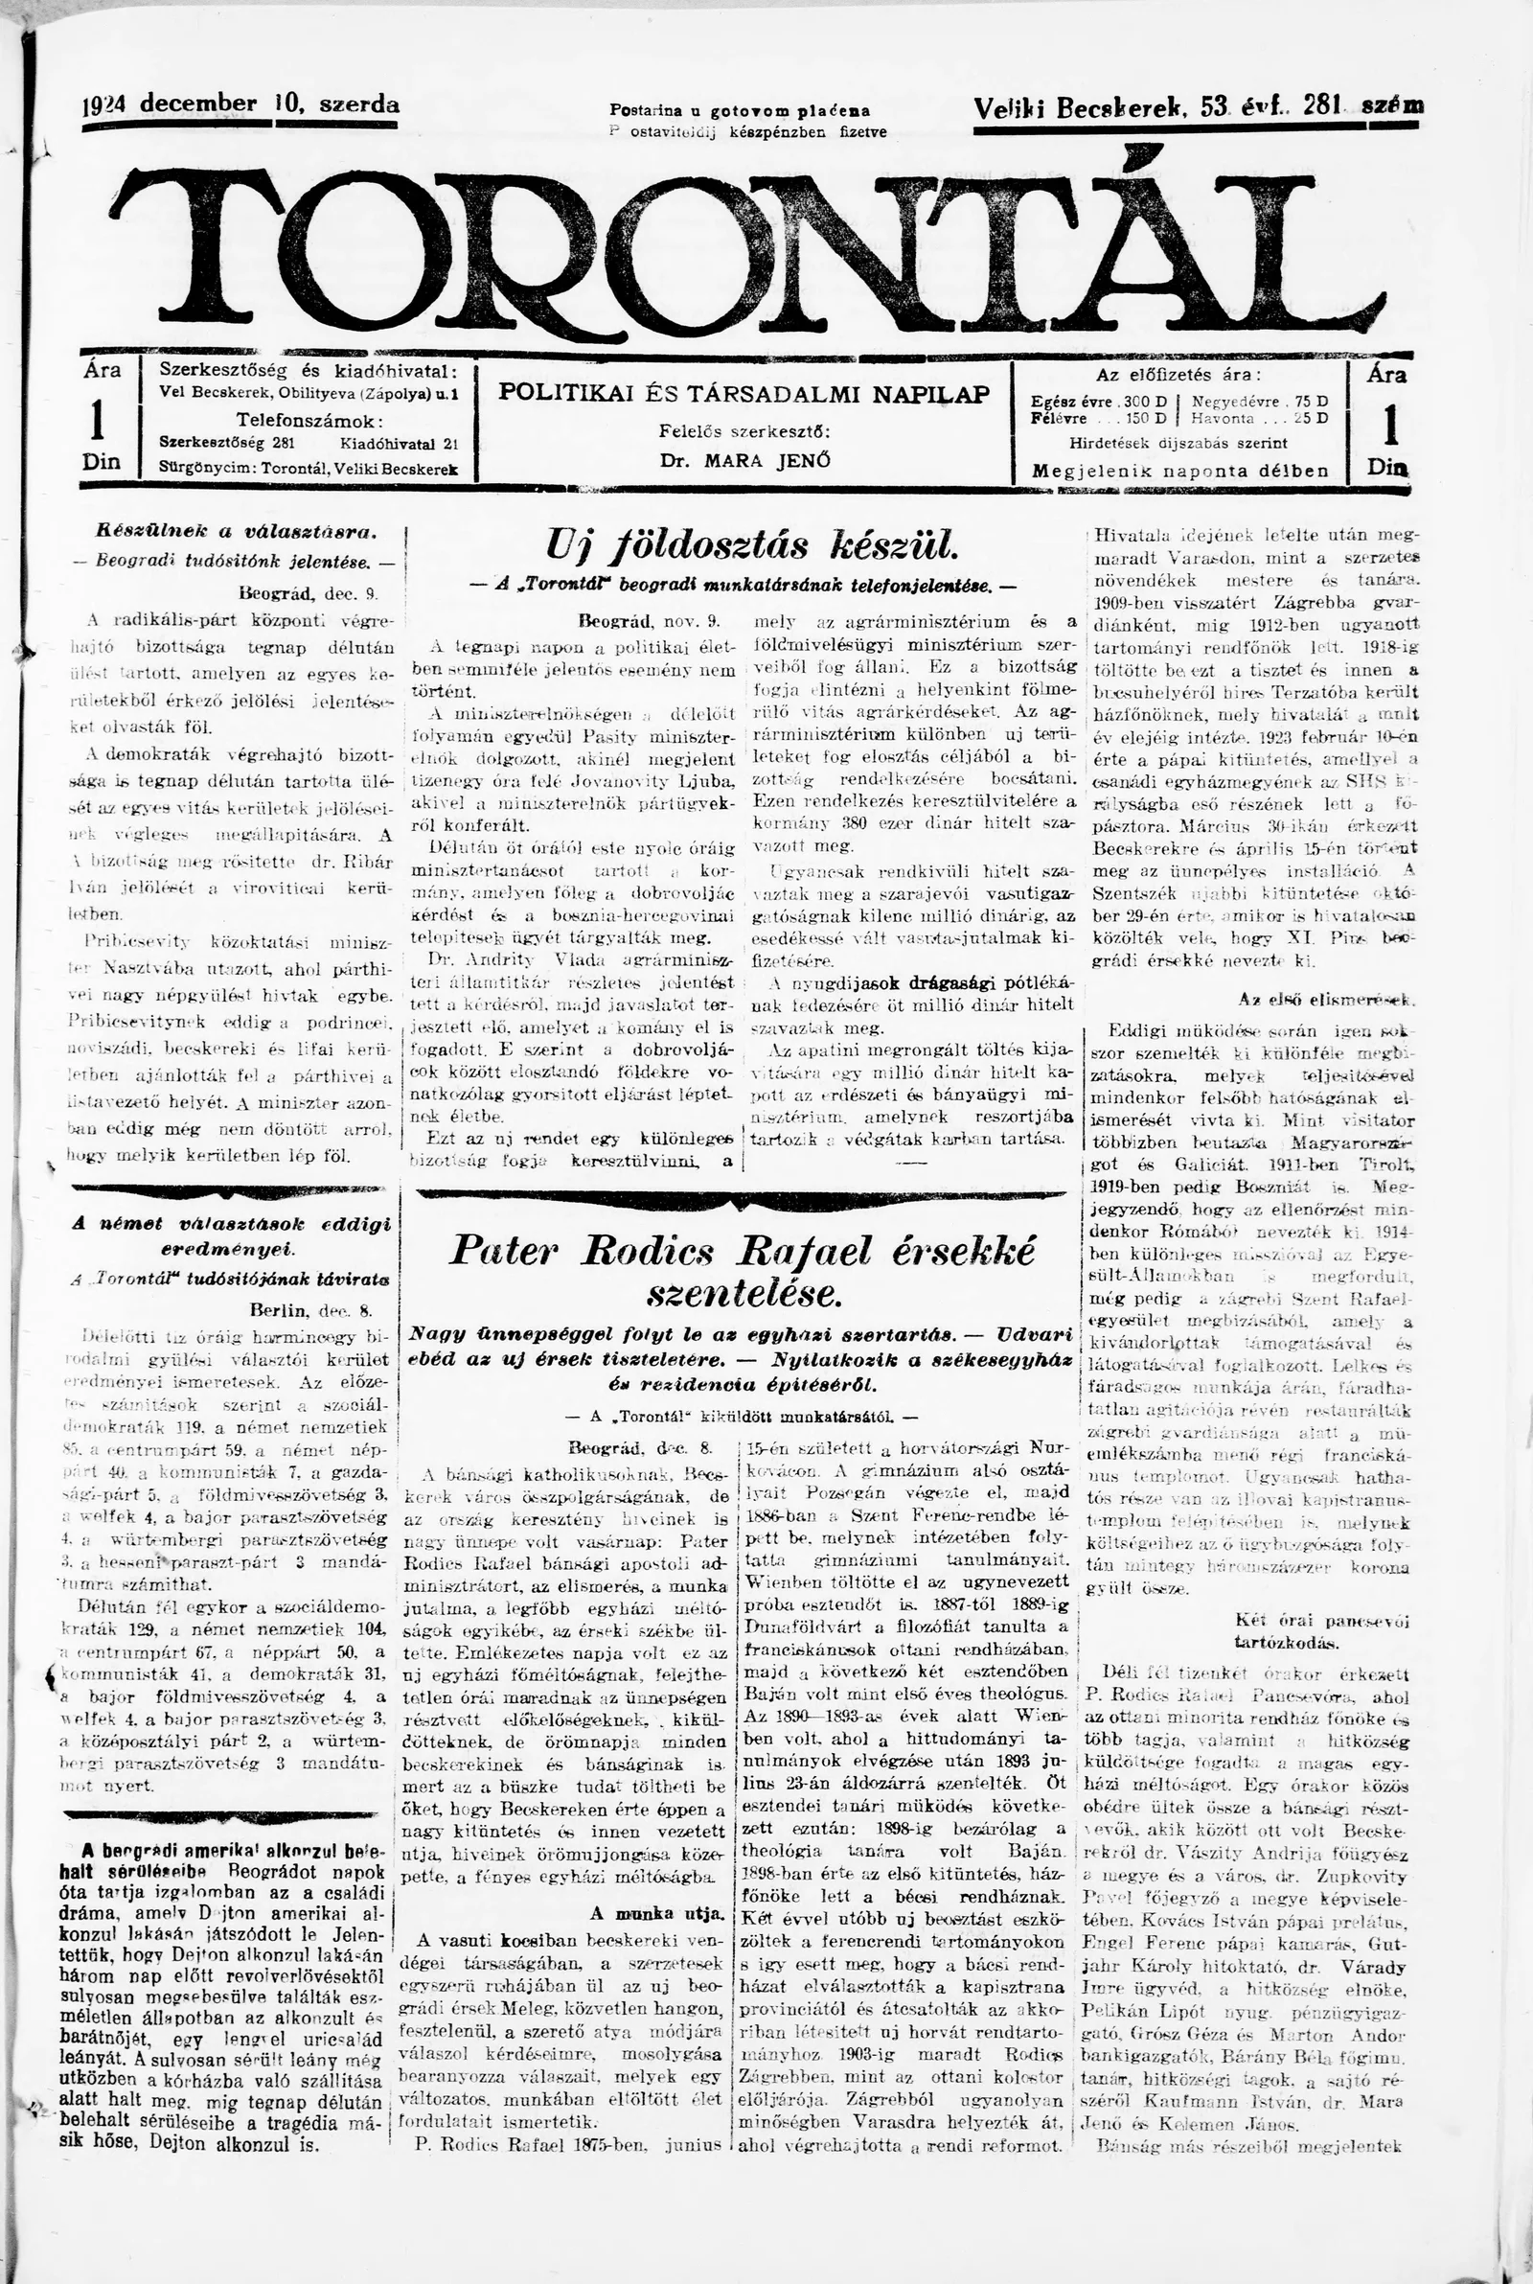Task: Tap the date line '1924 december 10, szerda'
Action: tap(240, 104)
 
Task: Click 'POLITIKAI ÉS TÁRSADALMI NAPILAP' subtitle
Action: tap(744, 394)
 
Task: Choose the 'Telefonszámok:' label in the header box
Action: tap(309, 420)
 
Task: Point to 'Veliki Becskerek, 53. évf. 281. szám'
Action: tap(1199, 107)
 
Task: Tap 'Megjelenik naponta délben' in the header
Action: tap(1180, 472)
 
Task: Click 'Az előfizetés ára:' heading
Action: tap(1179, 374)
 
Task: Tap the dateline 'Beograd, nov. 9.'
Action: tap(649, 620)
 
